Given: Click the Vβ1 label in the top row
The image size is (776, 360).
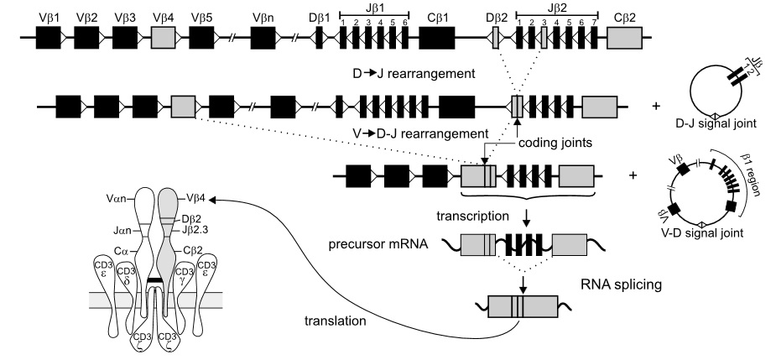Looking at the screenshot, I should pyautogui.click(x=47, y=16).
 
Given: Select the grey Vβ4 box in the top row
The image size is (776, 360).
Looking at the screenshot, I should pyautogui.click(x=164, y=38).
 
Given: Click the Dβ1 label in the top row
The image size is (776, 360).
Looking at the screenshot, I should pyautogui.click(x=319, y=16).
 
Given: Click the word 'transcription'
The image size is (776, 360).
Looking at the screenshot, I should pyautogui.click(x=471, y=216).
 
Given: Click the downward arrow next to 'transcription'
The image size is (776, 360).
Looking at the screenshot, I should pyautogui.click(x=526, y=218).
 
